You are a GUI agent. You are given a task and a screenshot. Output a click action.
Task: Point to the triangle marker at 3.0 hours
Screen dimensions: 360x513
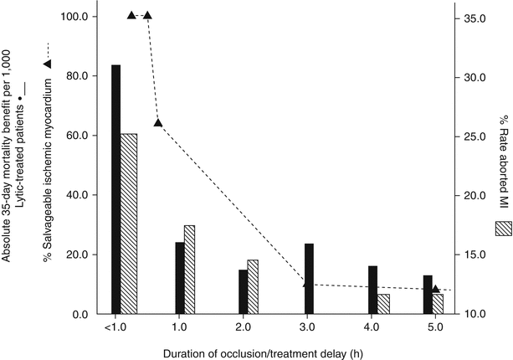(x=307, y=283)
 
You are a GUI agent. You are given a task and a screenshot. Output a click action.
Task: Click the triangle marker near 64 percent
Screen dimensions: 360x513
(x=158, y=123)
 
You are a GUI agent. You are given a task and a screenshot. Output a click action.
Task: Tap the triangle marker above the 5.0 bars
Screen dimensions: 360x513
(x=435, y=289)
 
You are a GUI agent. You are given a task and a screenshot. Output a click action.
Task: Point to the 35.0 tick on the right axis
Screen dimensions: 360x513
(x=475, y=17)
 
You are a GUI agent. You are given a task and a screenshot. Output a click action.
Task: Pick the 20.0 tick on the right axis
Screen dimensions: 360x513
(x=475, y=195)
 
